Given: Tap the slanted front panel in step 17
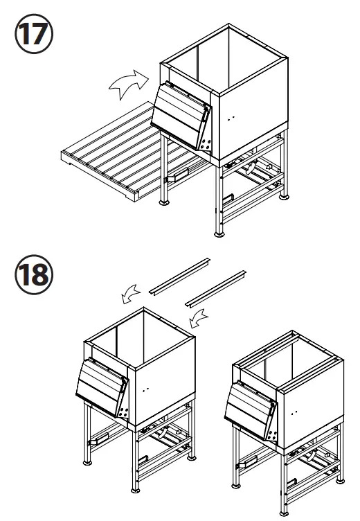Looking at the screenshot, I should [x=179, y=118].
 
